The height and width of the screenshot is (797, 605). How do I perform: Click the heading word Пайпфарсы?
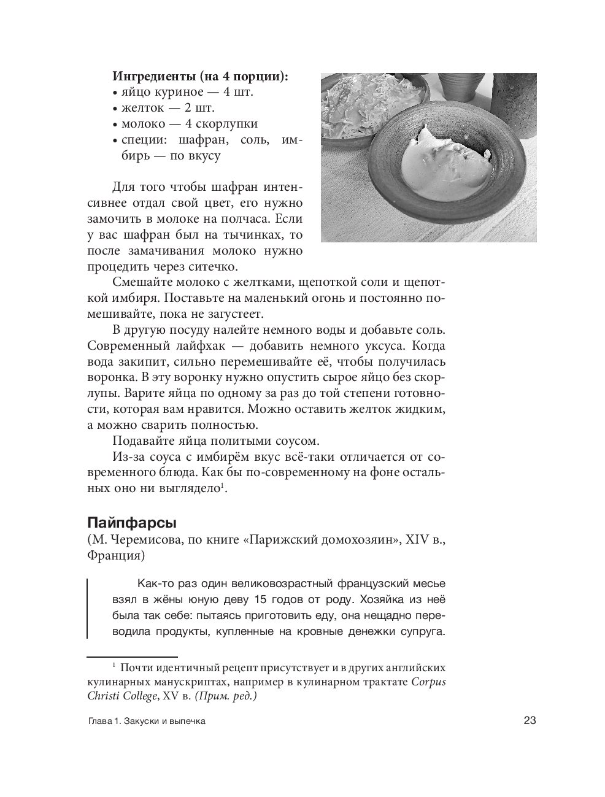click(x=132, y=523)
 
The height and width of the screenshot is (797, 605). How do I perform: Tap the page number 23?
click(x=530, y=720)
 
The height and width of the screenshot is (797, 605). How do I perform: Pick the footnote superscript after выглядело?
click(x=222, y=486)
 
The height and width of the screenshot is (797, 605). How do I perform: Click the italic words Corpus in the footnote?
click(x=428, y=682)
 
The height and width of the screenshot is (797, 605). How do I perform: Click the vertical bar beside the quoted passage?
click(x=87, y=607)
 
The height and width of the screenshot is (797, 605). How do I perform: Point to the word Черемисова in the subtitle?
click(x=144, y=540)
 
